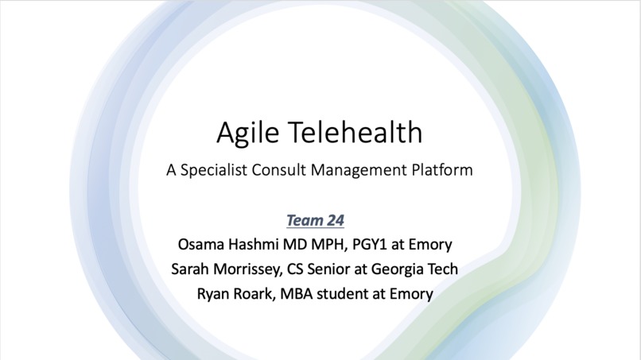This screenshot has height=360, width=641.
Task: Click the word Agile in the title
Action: click(241, 133)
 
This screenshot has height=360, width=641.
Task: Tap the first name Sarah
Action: click(191, 269)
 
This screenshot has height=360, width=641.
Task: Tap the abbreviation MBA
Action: click(299, 293)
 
